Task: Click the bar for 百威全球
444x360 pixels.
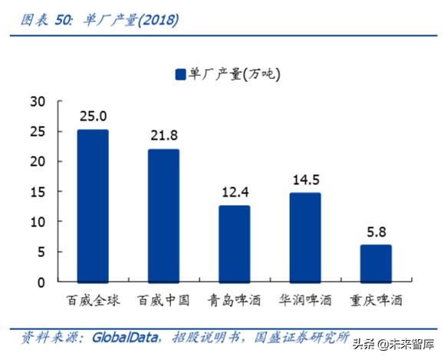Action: [x=93, y=205]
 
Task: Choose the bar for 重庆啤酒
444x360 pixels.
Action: [x=376, y=263]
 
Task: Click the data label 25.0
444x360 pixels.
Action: [x=93, y=116]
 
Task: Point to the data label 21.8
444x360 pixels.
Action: [x=163, y=135]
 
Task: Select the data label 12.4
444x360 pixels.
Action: [x=234, y=191]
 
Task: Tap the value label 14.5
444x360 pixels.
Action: [x=304, y=179]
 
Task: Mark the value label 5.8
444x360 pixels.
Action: [x=376, y=230]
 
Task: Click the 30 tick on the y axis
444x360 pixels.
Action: [x=37, y=101]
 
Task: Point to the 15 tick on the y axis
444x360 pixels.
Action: [x=37, y=192]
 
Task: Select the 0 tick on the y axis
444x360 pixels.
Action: [x=41, y=282]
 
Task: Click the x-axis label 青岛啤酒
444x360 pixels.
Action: [x=234, y=301]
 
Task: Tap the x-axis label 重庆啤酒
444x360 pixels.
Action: [x=376, y=301]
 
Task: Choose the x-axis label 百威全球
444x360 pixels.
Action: [x=93, y=301]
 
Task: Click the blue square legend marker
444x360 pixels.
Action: [x=181, y=74]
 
